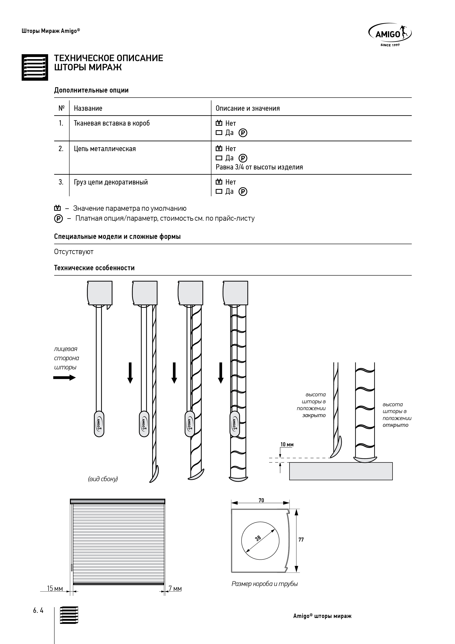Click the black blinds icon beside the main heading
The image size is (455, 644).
coord(35,67)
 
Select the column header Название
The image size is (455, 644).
coord(88,108)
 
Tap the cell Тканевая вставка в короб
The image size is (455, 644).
coord(112,123)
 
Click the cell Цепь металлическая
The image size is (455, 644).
coord(105,149)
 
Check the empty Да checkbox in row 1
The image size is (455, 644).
coord(219,133)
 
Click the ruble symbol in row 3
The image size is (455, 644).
coord(243,192)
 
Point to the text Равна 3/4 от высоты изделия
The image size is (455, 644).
coord(259,167)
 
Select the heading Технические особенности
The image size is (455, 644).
coord(94,268)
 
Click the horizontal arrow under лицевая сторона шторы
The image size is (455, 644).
coord(64,378)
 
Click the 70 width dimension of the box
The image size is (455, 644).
coord(261,500)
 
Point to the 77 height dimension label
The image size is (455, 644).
coord(301,540)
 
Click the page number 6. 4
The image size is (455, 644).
coord(38,611)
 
